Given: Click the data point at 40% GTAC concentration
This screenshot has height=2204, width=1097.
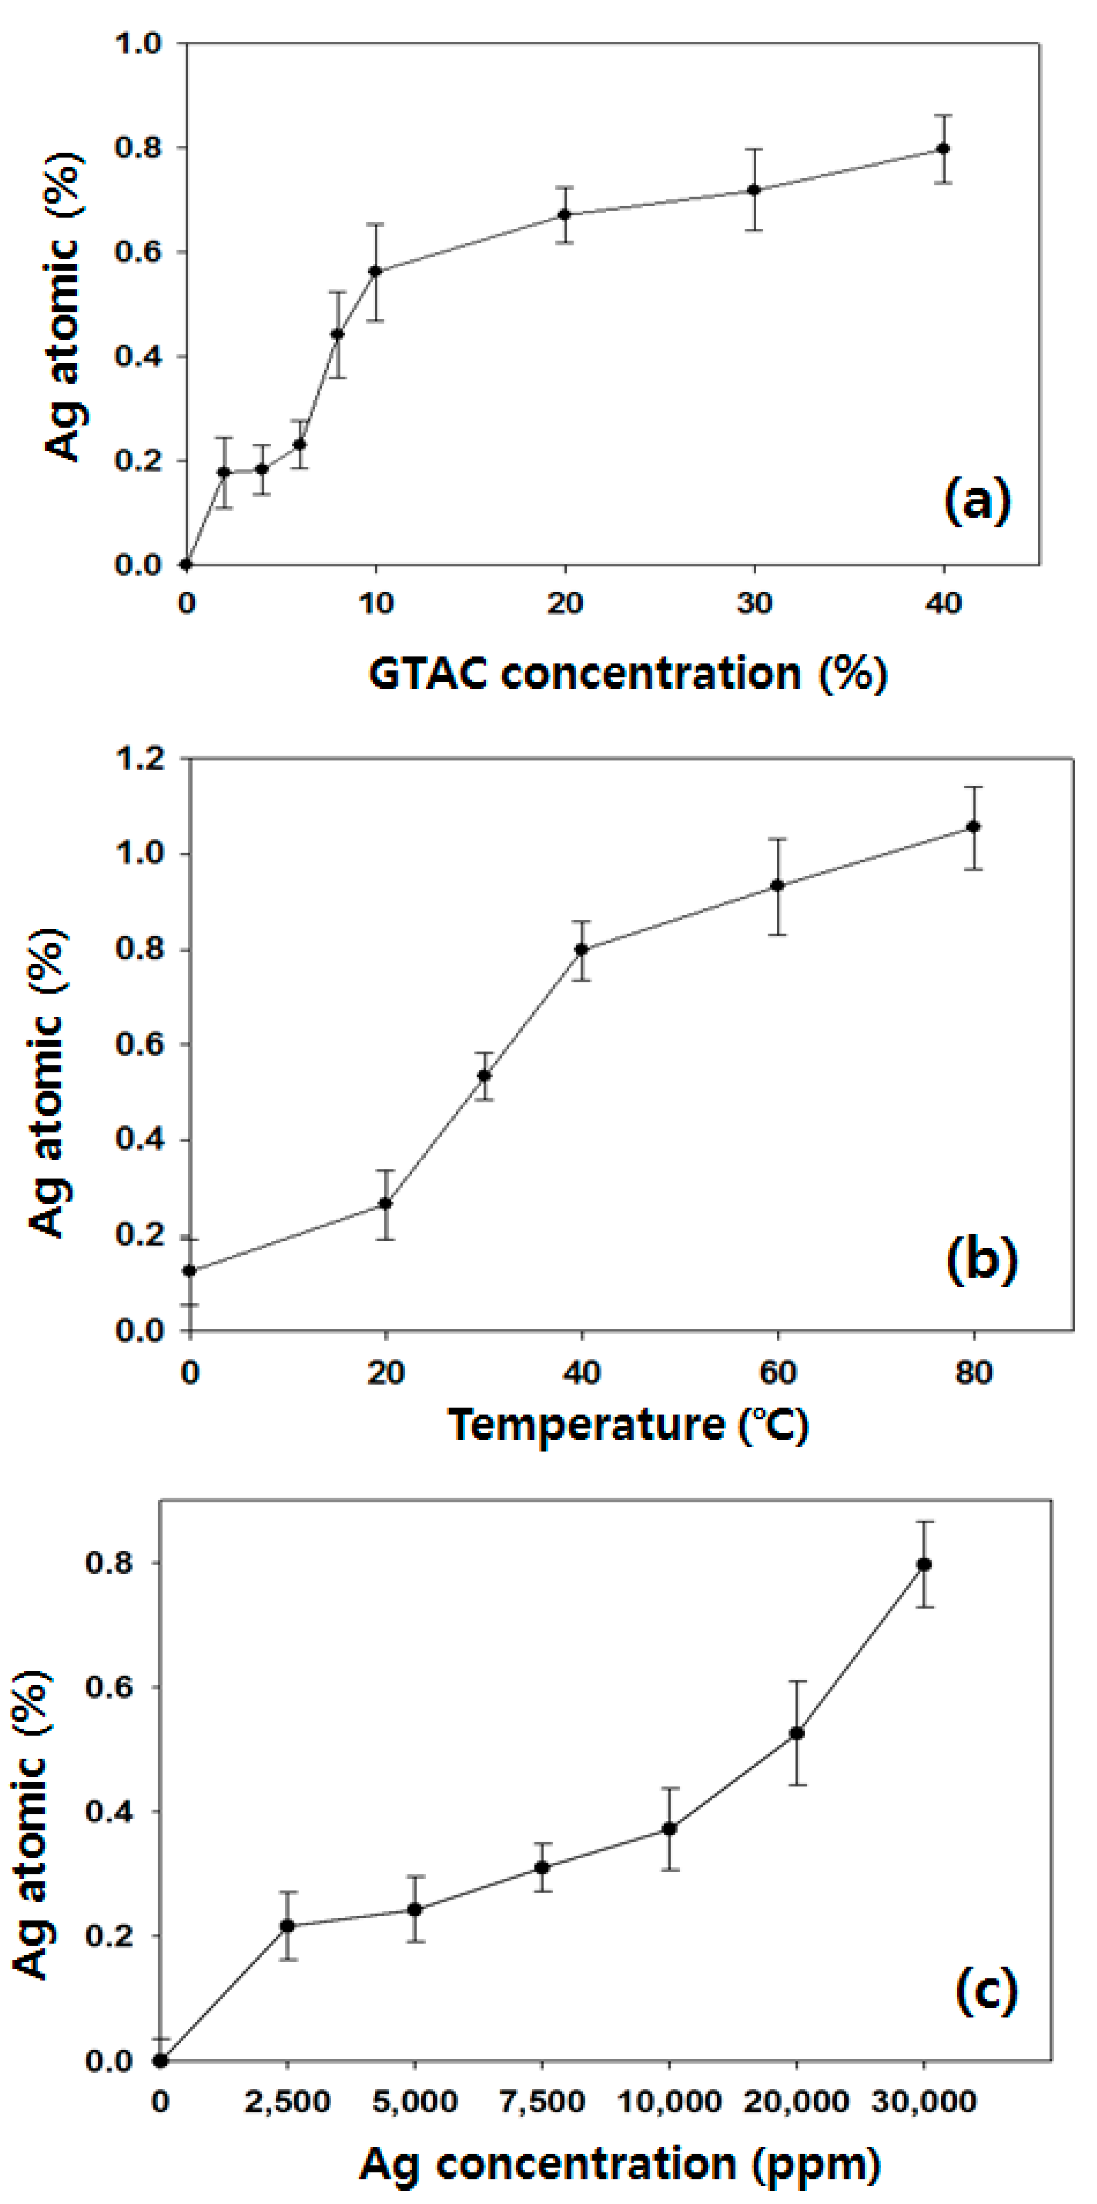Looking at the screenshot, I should click(x=943, y=149).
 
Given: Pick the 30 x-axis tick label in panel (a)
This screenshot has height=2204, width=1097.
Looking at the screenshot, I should click(x=754, y=604).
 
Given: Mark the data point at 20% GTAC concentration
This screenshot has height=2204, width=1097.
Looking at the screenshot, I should click(x=565, y=214).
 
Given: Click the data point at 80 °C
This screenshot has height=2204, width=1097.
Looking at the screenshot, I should click(x=974, y=826).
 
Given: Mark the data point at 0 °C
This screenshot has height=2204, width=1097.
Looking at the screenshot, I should click(x=190, y=1271).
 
